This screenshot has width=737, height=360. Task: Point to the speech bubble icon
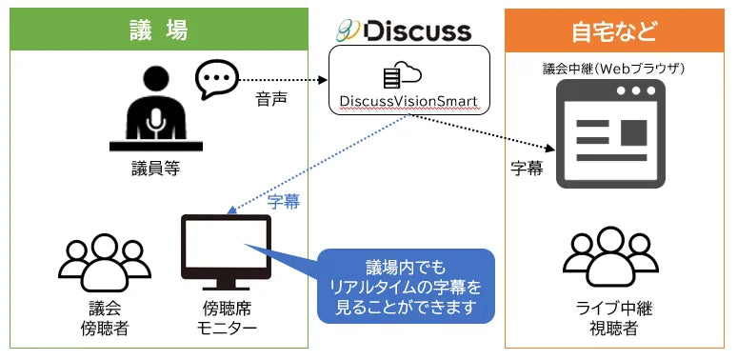point(217,80)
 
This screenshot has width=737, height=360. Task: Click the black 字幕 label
point(527,169)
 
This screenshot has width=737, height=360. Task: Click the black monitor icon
point(226,250)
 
